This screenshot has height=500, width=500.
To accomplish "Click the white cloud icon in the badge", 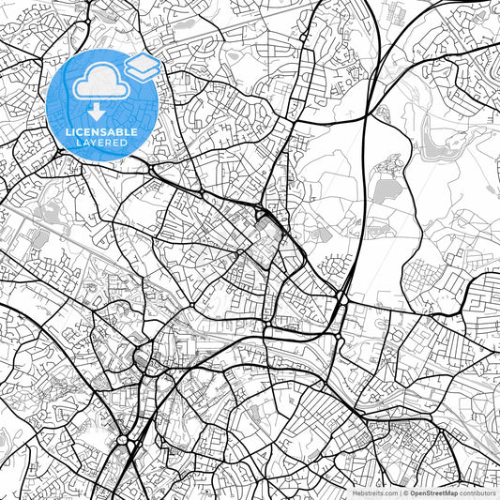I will [98, 85].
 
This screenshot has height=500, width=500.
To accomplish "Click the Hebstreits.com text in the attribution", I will [372, 492].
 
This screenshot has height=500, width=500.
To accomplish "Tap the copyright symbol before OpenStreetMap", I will [405, 492].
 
